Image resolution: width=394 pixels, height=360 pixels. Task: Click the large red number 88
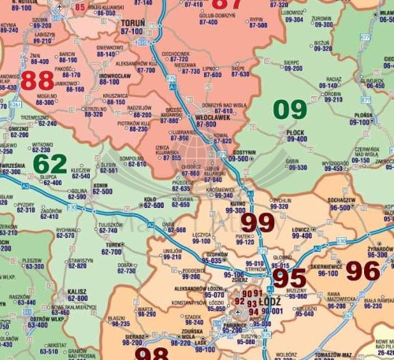click(x=37, y=80)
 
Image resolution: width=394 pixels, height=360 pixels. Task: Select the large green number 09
click(x=290, y=109)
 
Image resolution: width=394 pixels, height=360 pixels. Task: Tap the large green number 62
click(x=50, y=164)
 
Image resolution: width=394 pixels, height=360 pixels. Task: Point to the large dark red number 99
click(x=258, y=223)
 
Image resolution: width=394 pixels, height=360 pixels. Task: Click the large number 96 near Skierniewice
click(x=362, y=271)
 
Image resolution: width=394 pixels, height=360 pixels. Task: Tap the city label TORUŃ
click(x=133, y=24)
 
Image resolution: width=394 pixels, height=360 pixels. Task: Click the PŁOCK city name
click(x=296, y=132)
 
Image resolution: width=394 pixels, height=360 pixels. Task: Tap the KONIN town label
click(x=100, y=186)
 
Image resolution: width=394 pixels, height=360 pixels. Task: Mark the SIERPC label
click(x=292, y=61)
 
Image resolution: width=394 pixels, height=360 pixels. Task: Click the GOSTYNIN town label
click(x=245, y=151)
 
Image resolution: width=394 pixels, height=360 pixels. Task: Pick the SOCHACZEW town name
click(x=342, y=201)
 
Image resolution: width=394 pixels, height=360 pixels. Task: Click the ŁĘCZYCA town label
click(x=202, y=235)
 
